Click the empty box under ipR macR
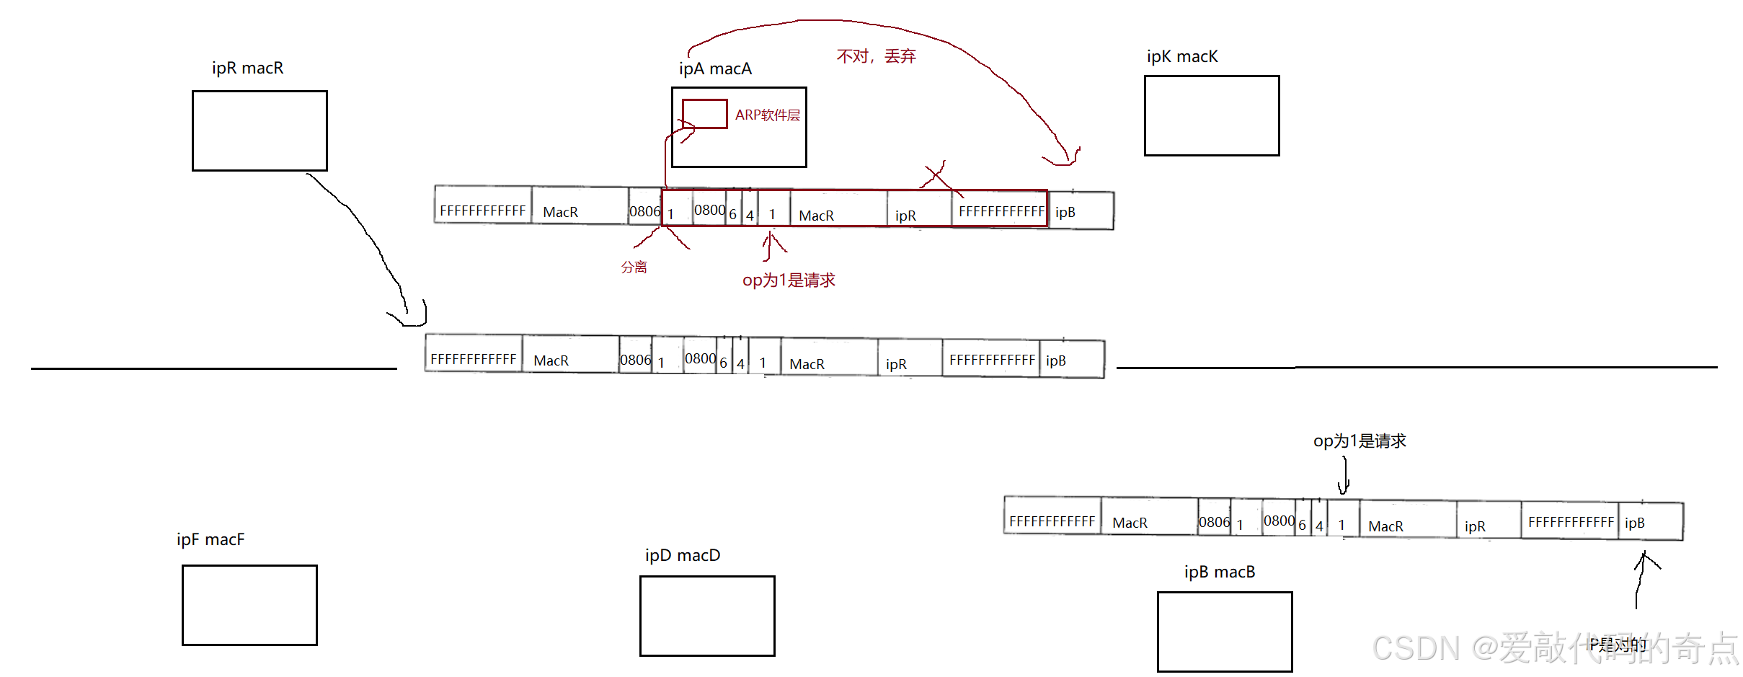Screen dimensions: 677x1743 click(x=260, y=130)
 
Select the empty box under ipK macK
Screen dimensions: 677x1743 click(x=1212, y=115)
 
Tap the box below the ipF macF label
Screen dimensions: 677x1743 click(x=249, y=605)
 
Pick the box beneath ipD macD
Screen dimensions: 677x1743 click(x=707, y=616)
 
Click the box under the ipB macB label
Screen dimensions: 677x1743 click(x=1225, y=632)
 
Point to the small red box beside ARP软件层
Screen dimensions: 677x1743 click(x=704, y=114)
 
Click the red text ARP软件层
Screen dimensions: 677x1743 click(x=767, y=115)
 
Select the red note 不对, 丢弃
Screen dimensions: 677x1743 click(x=876, y=56)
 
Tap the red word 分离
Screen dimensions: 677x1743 click(x=634, y=267)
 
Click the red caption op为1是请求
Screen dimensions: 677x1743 click(x=789, y=280)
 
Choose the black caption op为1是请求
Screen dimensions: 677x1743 click(x=1360, y=441)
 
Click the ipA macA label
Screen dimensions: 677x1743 click(x=715, y=68)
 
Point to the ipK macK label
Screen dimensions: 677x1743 click(x=1182, y=56)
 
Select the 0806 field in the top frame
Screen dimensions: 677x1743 click(x=644, y=211)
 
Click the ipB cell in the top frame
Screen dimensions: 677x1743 click(x=1065, y=212)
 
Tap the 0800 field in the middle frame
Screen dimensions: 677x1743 click(x=700, y=358)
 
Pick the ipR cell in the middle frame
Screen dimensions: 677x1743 click(x=896, y=364)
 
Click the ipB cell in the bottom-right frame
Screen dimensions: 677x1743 click(x=1635, y=523)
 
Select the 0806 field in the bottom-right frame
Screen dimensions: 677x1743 click(x=1214, y=522)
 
